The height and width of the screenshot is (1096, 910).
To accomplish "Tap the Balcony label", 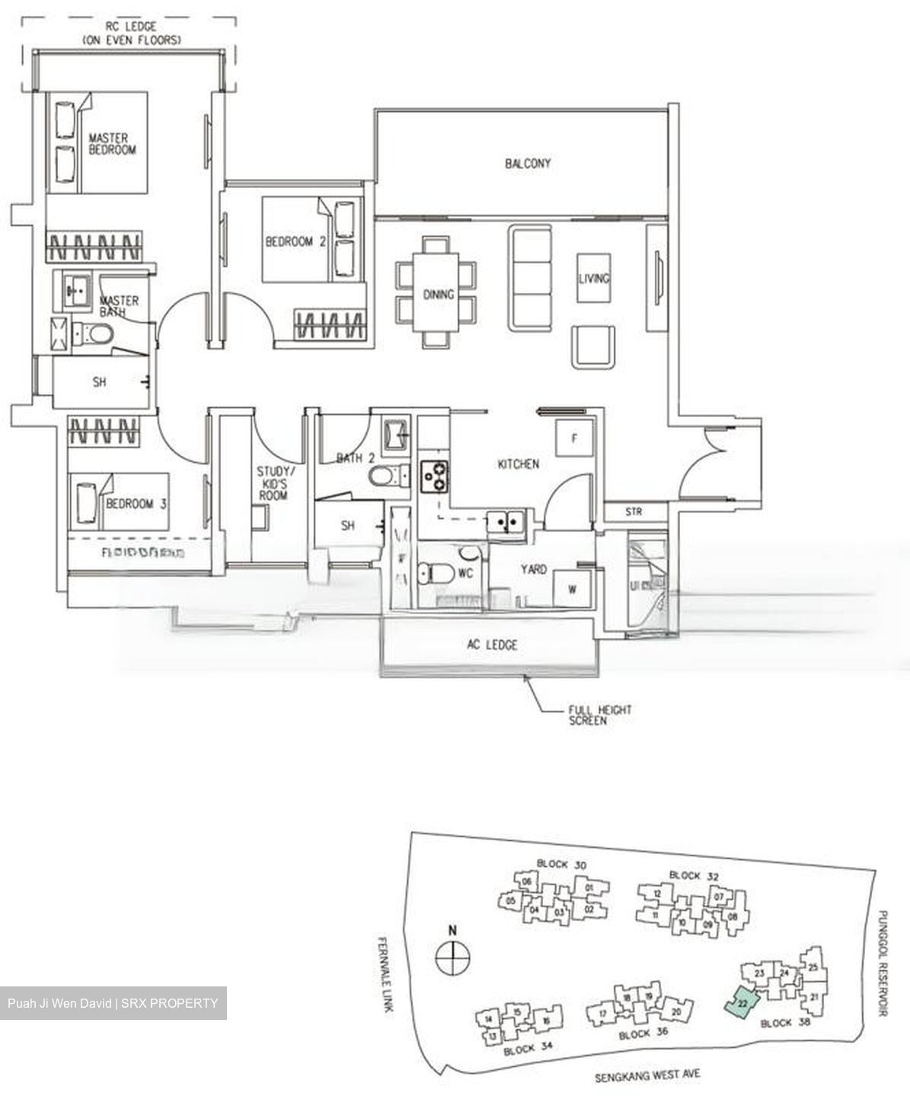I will click(x=527, y=164).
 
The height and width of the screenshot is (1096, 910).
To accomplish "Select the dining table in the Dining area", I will click(x=438, y=293).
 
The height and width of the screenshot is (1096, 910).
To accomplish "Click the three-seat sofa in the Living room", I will click(x=530, y=278).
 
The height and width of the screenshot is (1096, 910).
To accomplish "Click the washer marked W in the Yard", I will click(x=573, y=588).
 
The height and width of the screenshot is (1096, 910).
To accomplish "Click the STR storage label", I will click(x=634, y=512).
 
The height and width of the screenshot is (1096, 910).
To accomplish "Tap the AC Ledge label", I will click(x=492, y=645).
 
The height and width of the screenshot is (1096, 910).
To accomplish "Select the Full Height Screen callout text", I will click(x=599, y=715).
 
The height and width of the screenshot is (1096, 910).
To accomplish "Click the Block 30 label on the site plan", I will click(x=562, y=864).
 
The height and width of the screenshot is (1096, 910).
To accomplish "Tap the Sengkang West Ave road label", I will click(x=647, y=1075).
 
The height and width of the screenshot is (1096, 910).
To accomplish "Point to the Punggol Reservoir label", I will click(x=883, y=963).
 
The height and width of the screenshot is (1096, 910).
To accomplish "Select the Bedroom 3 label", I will click(x=136, y=504).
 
